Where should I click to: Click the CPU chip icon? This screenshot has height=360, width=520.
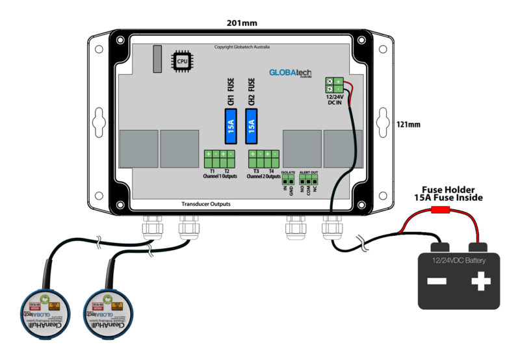pyautogui.click(x=181, y=60)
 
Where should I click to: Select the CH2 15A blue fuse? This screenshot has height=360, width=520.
pyautogui.click(x=252, y=126)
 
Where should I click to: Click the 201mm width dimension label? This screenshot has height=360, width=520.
pyautogui.click(x=242, y=23)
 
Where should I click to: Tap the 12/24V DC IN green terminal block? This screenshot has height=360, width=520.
pyautogui.click(x=334, y=85)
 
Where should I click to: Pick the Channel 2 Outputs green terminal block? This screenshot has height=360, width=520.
pyautogui.click(x=264, y=158)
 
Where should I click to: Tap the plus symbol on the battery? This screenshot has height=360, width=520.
pyautogui.click(x=480, y=281)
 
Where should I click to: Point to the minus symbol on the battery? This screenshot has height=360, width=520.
pyautogui.click(x=437, y=281)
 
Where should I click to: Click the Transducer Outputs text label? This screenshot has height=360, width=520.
pyautogui.click(x=205, y=204)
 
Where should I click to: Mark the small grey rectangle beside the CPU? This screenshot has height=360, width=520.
pyautogui.click(x=157, y=58)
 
